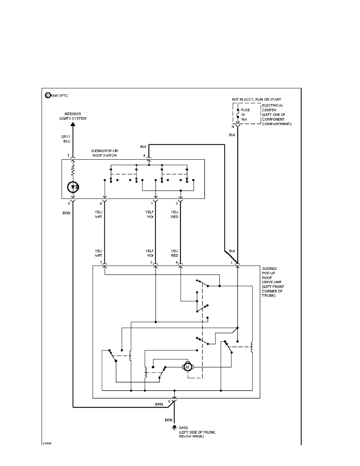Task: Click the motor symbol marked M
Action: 187,367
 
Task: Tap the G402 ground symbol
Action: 175,427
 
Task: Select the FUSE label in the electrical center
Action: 245,110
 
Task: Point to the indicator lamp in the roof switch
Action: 73,186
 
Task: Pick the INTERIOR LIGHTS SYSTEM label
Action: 73,116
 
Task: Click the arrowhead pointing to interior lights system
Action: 73,124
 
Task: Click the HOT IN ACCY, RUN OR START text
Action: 256,100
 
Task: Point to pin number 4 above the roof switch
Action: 144,156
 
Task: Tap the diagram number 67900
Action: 47,444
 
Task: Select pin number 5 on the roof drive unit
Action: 101,262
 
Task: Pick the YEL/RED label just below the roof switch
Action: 175,215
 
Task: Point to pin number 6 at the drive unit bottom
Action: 169,401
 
